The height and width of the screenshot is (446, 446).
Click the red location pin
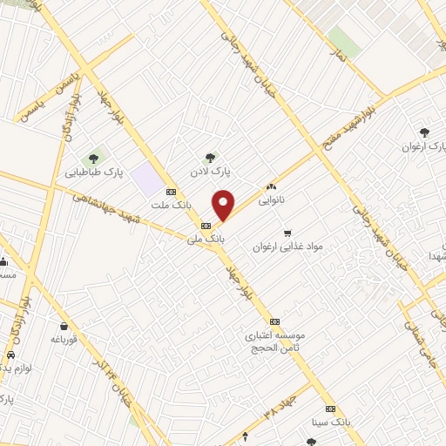(x=224, y=206)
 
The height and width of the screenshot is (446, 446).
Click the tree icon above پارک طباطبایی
(x=97, y=157)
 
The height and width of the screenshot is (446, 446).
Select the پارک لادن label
(x=209, y=172)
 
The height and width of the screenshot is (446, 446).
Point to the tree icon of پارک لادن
(x=209, y=158)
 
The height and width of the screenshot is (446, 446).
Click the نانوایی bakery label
(x=294, y=199)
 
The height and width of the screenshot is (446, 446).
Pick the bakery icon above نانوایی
(x=272, y=186)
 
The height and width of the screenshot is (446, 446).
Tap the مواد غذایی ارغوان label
(x=287, y=247)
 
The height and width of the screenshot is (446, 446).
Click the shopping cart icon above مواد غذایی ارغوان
(x=287, y=233)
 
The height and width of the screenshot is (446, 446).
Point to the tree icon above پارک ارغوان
(x=424, y=132)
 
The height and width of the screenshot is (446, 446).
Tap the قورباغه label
(x=65, y=339)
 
